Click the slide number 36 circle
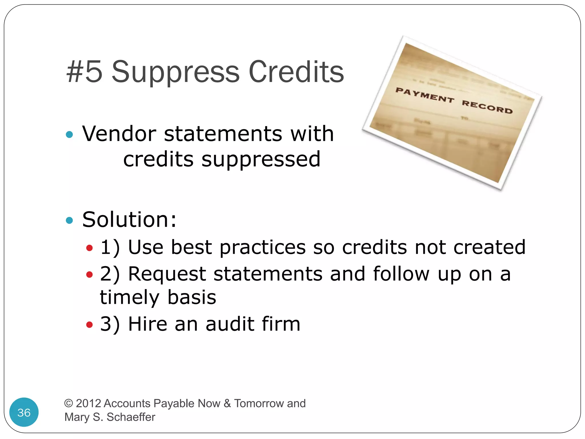coord(24,412)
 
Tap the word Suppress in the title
coord(175,72)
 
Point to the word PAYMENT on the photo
coord(424,95)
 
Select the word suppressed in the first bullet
coord(261,159)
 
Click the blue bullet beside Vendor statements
coord(69,134)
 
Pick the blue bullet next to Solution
coord(69,220)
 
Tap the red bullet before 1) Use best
coord(89,248)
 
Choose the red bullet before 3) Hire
coord(89,324)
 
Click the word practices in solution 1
coord(263,247)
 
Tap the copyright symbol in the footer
coord(69,403)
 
